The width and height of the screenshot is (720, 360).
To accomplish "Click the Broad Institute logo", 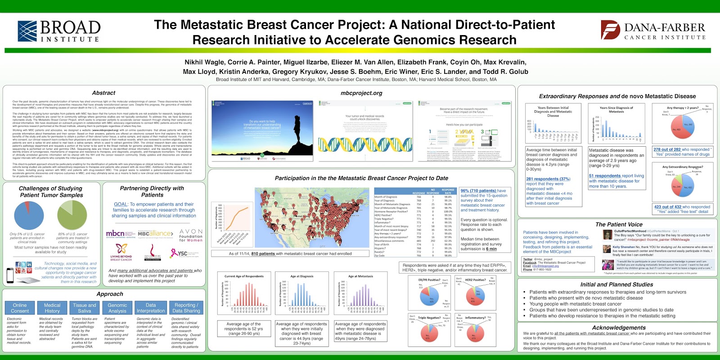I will click(x=58, y=31).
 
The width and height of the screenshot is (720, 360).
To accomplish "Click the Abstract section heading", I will click(x=103, y=93).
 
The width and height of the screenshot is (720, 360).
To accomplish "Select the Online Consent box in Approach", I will click(x=20, y=308).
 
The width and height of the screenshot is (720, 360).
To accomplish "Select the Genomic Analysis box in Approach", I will click(x=117, y=308).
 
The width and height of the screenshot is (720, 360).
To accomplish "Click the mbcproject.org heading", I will click(x=361, y=93).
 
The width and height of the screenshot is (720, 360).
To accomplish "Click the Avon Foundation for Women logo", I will click(x=191, y=235).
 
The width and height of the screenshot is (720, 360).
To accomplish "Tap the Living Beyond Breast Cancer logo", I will click(x=121, y=252).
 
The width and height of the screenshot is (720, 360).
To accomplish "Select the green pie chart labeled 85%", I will click(x=72, y=215).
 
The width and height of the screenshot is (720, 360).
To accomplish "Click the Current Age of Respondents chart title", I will click(x=244, y=276).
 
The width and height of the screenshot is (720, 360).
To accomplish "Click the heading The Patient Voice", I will click(x=619, y=224).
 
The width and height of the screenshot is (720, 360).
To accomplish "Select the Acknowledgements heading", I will click(x=619, y=328).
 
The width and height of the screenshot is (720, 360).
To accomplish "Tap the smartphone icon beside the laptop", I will click(x=10, y=275).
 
